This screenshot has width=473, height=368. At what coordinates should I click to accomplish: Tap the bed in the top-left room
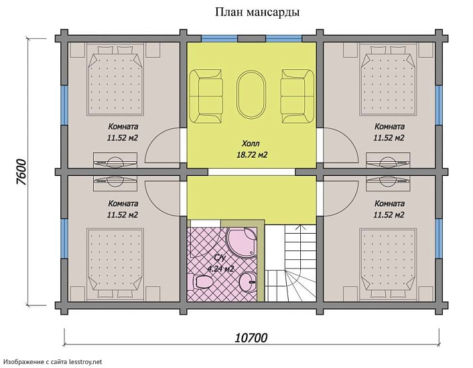click(115, 81)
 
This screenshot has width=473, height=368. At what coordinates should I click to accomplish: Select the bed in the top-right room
click(388, 81)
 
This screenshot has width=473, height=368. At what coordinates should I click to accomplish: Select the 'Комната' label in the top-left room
click(123, 126)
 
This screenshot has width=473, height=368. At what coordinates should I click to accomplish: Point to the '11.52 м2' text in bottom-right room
click(389, 216)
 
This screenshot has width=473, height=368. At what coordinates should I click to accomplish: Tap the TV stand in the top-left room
click(115, 160)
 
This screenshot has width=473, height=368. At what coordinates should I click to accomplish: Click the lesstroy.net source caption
click(52, 361)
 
